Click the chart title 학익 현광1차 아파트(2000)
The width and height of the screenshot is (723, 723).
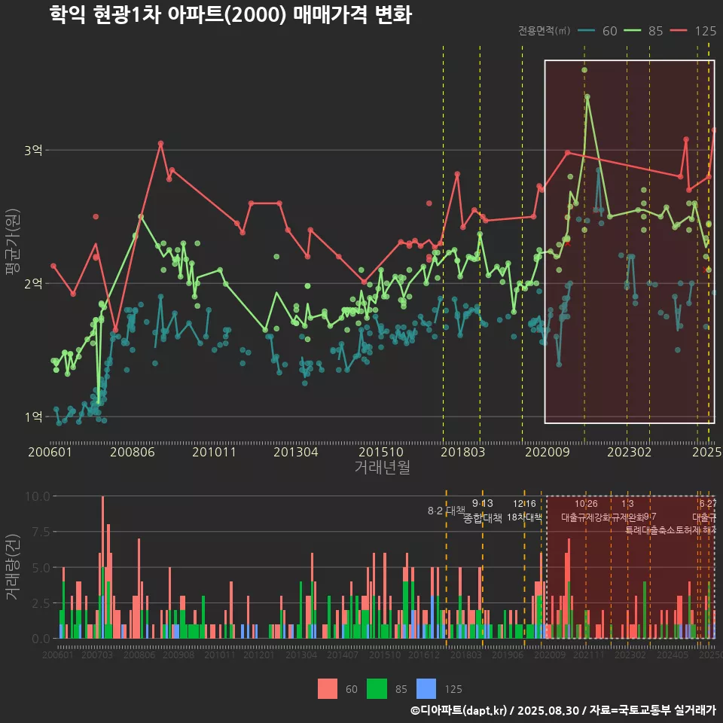pos(230,15)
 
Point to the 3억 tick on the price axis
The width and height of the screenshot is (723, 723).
pos(33,151)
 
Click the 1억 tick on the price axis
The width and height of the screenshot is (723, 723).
pos(33,417)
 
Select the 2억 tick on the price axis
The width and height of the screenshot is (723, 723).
pos(33,284)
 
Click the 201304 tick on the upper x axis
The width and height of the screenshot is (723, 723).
pos(295,453)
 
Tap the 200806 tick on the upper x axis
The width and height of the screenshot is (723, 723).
pos(133,453)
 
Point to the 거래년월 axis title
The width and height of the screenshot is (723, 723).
pos(382,468)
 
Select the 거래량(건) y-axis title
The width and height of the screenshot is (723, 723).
pos(12,567)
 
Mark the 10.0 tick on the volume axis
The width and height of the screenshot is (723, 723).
pos(38,496)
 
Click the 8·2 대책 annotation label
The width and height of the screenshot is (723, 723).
pos(447,511)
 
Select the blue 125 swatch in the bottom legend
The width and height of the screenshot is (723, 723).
pos(426,688)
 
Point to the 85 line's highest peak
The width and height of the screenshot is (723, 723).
pos(587,97)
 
